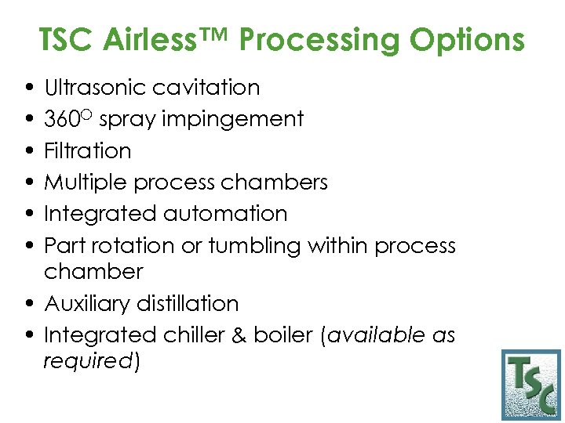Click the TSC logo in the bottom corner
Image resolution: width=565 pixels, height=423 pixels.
[531, 385]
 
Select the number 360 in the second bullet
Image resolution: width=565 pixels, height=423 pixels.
[62, 119]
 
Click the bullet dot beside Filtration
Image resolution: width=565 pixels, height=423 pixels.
[29, 151]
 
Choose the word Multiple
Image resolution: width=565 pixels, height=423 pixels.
[86, 183]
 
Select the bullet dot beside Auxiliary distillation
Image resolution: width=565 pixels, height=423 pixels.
[29, 304]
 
